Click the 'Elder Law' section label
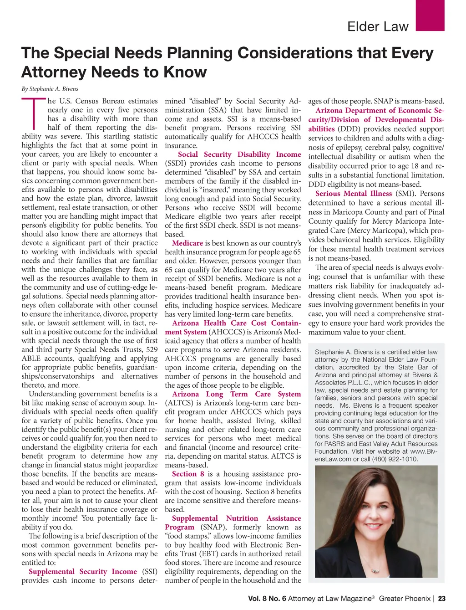coord(378,26)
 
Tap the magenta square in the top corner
coord(430,15)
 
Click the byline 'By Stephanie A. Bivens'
coord(50,89)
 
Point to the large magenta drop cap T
coord(33,112)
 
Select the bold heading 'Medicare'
coord(187,243)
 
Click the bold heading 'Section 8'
coord(188,474)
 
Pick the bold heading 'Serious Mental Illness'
coord(354,194)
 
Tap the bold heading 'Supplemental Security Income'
coord(83,571)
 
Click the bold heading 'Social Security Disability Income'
coord(239,154)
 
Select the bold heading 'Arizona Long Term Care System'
coord(237,394)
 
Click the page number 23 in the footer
coord(441,599)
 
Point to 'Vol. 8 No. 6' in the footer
coord(267,599)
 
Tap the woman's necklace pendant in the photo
coord(376,570)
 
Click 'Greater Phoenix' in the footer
coord(405,599)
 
